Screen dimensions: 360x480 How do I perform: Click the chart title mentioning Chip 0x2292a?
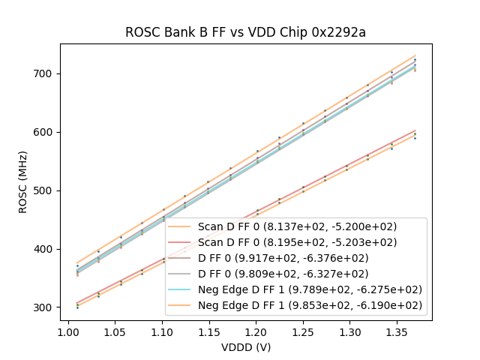point(245,32)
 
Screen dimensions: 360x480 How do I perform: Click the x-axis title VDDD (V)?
point(245,347)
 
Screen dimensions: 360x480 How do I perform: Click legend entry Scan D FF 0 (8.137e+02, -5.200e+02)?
point(297,226)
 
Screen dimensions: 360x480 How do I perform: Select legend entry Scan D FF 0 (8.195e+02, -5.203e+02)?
point(297,242)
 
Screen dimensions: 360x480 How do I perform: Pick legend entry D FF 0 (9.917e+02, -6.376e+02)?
point(297,258)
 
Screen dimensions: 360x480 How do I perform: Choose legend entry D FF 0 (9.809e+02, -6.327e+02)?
point(297,274)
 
